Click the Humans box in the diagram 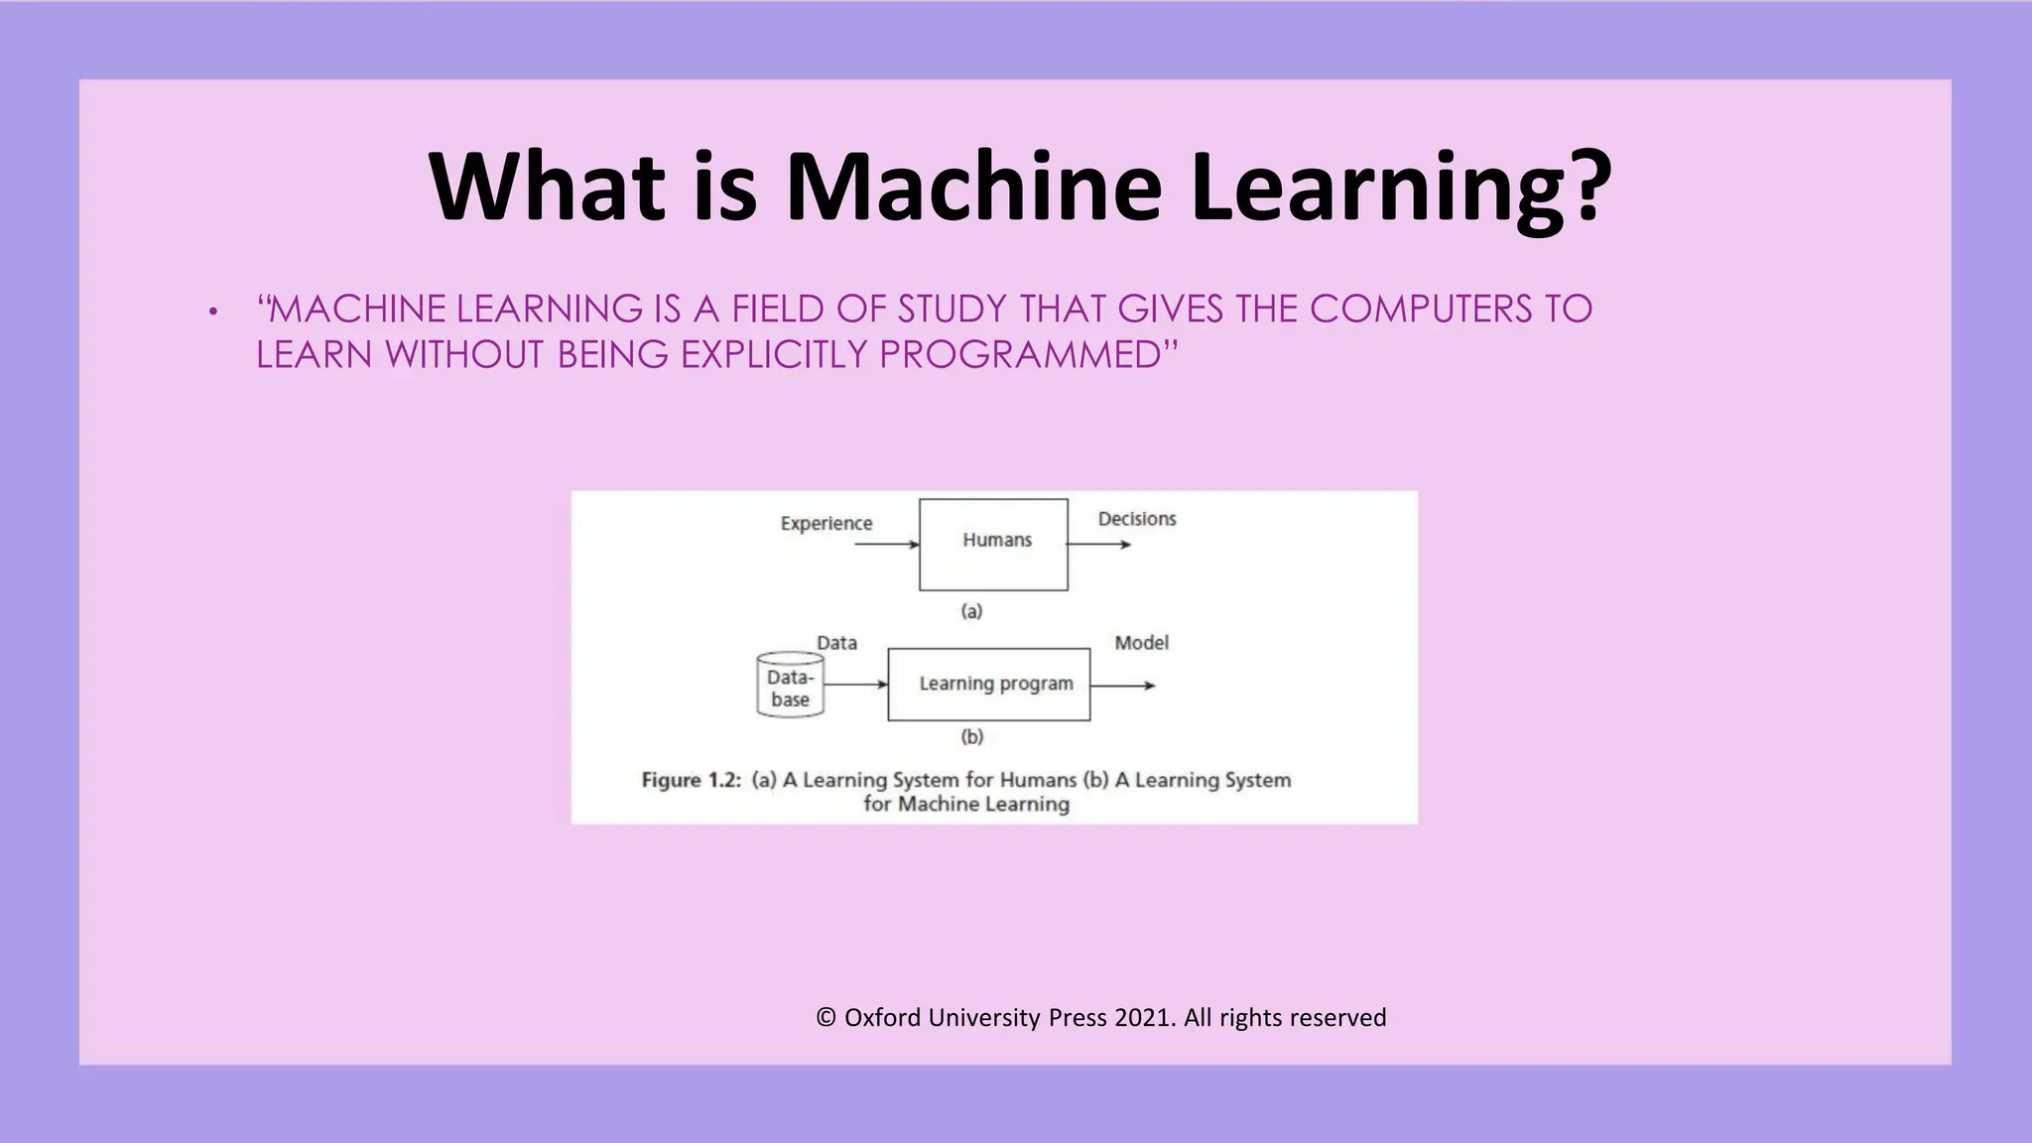(x=993, y=545)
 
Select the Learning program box (x=989, y=685)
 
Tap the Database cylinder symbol (x=790, y=686)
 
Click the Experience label (x=825, y=523)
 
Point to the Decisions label (x=1136, y=519)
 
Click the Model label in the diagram (x=1141, y=643)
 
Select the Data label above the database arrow (x=836, y=643)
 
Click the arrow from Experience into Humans (x=886, y=545)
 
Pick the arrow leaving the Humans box (x=1099, y=545)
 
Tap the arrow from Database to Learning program (x=855, y=685)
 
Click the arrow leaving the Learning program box (x=1123, y=686)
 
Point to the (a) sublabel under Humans (x=971, y=611)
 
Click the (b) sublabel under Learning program (x=971, y=736)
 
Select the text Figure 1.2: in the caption (x=692, y=780)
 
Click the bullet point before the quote (x=212, y=313)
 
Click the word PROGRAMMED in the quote (x=1020, y=355)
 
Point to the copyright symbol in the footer (x=825, y=1017)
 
